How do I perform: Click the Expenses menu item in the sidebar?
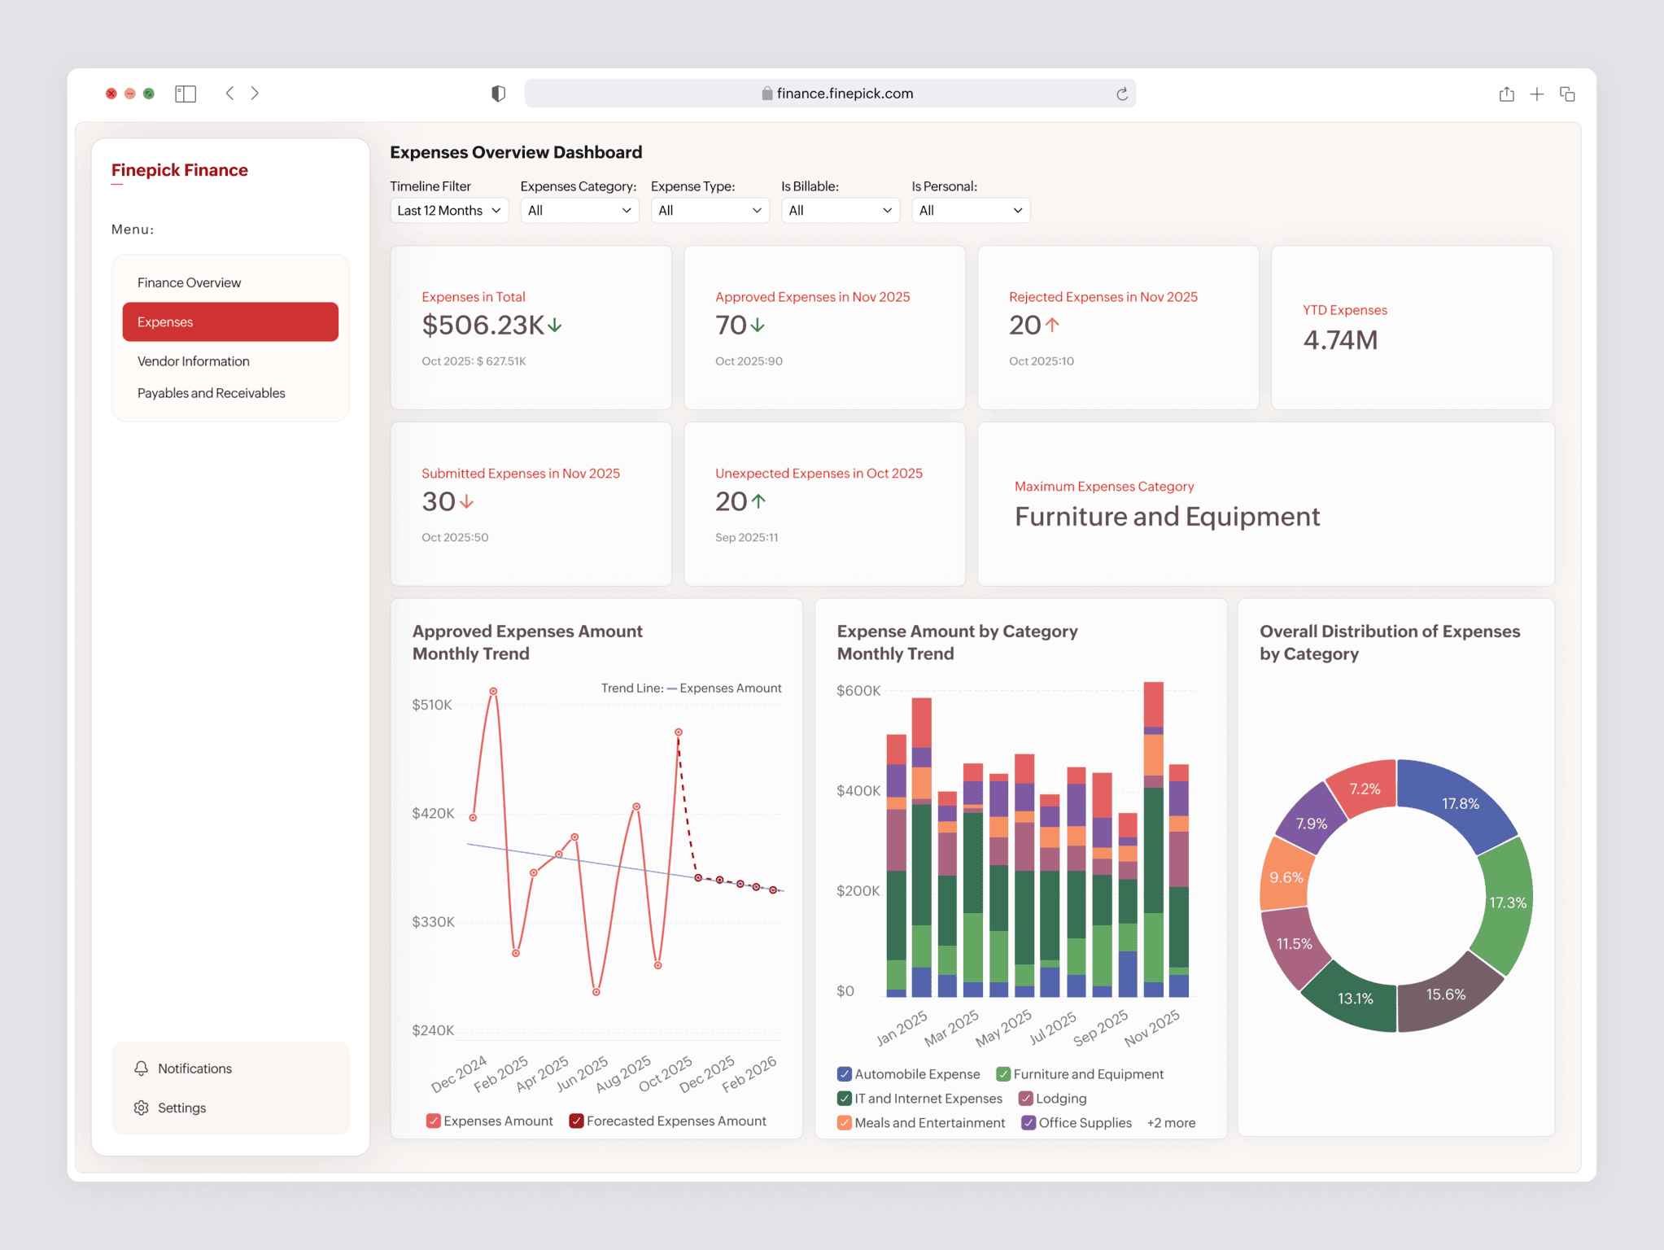pos(230,321)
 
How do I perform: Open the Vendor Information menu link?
pos(194,361)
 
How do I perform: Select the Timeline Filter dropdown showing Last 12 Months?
pos(449,211)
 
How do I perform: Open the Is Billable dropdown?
pos(840,211)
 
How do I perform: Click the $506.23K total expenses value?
pos(483,326)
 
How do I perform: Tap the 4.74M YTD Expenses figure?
pos(1340,340)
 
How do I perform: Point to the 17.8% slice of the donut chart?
pos(1460,804)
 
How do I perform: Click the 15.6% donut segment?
pos(1445,994)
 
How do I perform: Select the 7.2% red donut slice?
pos(1365,789)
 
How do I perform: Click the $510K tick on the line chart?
pos(432,705)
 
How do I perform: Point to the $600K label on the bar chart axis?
pos(858,691)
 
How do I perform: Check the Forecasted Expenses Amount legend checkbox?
pos(576,1121)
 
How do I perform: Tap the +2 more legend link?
pos(1171,1123)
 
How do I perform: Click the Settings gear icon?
pos(142,1108)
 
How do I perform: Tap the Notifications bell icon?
pos(142,1069)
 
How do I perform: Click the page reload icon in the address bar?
pos(1122,94)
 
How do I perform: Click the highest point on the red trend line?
pos(493,692)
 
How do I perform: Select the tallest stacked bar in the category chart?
pos(1153,838)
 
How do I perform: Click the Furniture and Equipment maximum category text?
pos(1167,517)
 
